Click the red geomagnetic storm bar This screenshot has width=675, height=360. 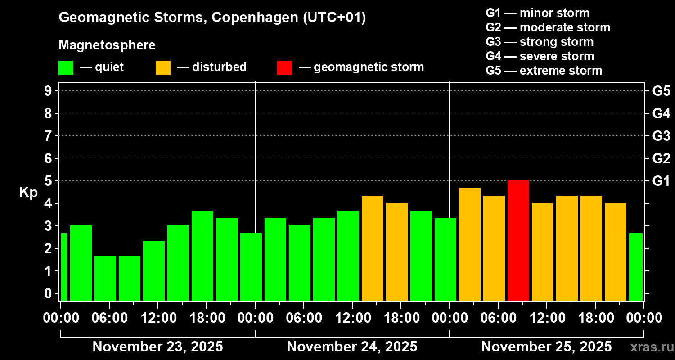518,240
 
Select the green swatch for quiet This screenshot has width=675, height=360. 66,68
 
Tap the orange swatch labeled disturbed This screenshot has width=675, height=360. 163,68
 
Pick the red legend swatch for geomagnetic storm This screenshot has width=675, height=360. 284,68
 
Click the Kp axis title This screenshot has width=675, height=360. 28,192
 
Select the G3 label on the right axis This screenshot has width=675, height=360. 661,136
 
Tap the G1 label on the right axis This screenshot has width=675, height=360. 661,181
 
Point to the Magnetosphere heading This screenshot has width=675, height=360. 107,45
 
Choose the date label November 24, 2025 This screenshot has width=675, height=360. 352,347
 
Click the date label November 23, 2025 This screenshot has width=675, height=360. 157,347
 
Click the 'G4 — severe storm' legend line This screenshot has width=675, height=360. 540,56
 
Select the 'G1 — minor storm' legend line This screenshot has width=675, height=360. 538,13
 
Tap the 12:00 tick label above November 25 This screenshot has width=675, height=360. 546,318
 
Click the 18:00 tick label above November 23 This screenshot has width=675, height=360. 206,318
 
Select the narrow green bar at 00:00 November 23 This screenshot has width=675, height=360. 64,266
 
